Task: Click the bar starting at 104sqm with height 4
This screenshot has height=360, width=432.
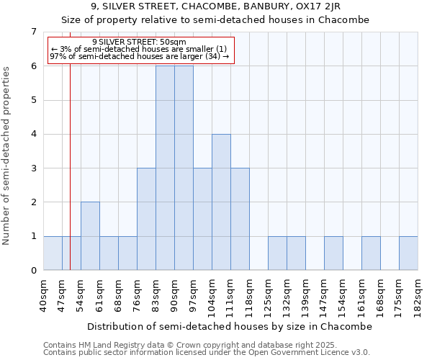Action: point(221,202)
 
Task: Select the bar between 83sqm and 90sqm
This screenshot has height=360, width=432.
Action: point(165,168)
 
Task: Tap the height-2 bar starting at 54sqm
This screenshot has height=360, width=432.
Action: point(90,236)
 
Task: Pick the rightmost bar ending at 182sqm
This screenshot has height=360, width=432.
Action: point(408,253)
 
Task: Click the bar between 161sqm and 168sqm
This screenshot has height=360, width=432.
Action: point(371,253)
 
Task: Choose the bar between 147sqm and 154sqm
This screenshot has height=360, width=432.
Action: point(333,253)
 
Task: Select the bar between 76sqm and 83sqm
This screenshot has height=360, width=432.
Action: point(146,219)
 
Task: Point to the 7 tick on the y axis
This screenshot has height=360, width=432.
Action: point(33,32)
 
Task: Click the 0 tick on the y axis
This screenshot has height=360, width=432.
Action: point(33,271)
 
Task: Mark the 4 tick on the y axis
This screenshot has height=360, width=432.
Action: point(33,134)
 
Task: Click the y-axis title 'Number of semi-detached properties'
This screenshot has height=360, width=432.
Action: point(7,156)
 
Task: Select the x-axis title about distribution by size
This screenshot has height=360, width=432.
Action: point(230,326)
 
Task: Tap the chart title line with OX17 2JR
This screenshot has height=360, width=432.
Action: point(215,6)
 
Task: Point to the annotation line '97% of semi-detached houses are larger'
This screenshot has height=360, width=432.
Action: point(140,56)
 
